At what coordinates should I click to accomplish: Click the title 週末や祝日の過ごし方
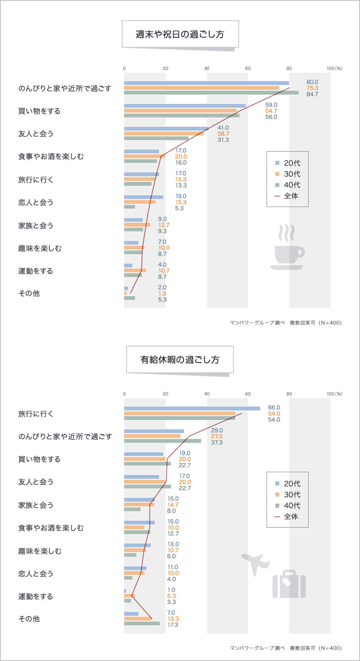tap(180, 34)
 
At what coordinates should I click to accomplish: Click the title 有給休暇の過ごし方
tap(180, 360)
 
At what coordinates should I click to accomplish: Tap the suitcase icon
tap(289, 585)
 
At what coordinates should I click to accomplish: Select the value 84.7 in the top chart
tap(312, 94)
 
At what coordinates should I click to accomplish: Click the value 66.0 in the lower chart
tap(274, 408)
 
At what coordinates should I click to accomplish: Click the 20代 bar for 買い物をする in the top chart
tap(184, 106)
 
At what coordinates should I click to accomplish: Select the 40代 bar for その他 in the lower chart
tap(142, 623)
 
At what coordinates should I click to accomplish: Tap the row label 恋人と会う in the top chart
tap(36, 202)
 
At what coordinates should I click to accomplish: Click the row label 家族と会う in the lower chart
tap(36, 505)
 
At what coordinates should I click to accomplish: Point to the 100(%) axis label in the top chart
tap(334, 68)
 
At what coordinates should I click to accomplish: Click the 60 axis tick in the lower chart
tap(248, 394)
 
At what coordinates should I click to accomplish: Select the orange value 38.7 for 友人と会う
tap(223, 134)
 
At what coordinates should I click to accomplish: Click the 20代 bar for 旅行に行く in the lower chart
tap(192, 408)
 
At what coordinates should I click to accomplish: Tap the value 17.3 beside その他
tap(173, 625)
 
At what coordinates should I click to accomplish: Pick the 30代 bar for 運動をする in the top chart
tap(135, 270)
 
